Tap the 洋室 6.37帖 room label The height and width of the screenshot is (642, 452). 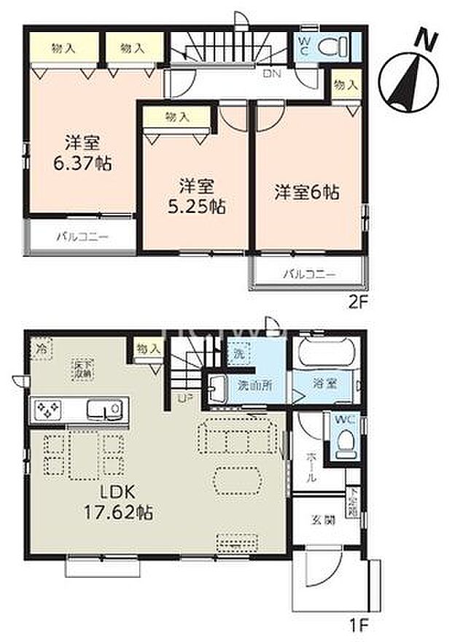(82, 152)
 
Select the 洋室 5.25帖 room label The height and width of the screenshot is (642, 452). (193, 196)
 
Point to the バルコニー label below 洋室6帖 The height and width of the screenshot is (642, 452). (308, 275)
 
